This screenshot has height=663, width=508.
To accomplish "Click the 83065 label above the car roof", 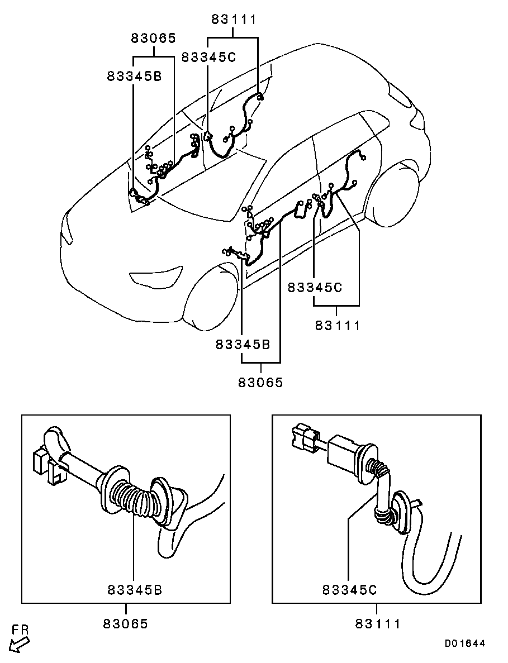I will [154, 39].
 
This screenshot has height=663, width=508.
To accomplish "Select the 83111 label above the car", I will [233, 20].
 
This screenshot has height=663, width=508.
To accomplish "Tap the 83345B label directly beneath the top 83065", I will [134, 76].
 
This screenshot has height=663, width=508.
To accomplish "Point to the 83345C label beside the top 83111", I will [209, 57].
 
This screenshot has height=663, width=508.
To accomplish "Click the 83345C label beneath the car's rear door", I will [315, 288].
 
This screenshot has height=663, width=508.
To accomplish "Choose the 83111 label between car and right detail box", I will [338, 325].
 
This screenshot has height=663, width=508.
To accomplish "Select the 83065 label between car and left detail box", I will [260, 383].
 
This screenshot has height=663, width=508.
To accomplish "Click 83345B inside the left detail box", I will [135, 590].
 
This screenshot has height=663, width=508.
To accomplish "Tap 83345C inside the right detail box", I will [349, 590].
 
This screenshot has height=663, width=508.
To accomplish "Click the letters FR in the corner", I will [20, 630].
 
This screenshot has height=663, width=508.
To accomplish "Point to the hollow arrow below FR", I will [20, 645].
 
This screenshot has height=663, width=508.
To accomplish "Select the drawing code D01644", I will [464, 643].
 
